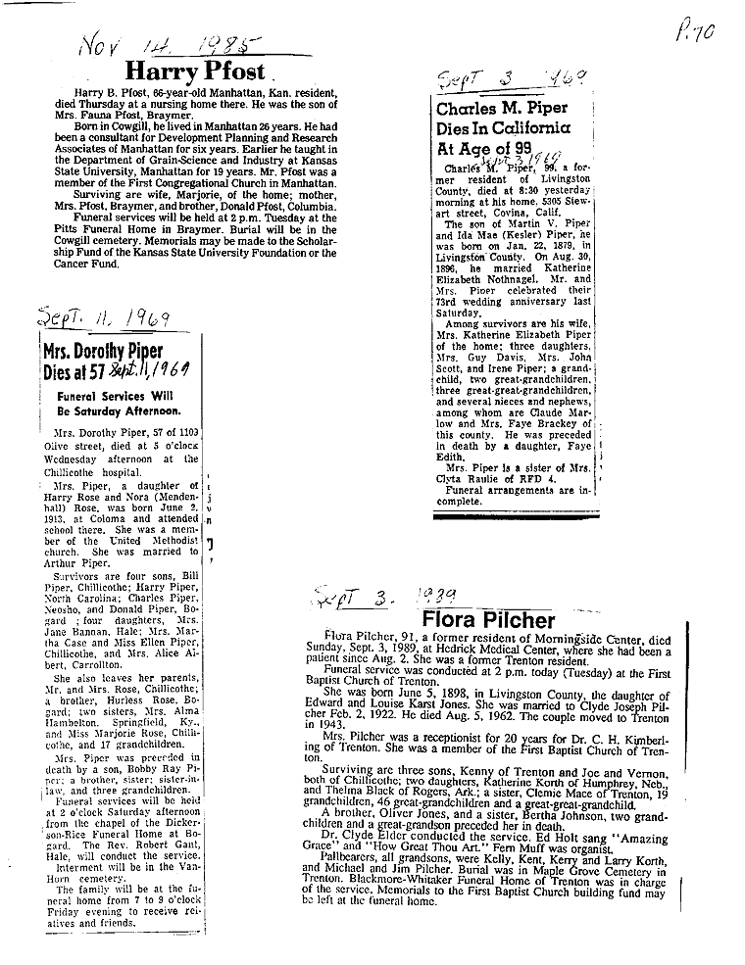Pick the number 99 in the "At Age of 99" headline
[x=531, y=149]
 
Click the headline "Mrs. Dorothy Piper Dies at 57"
[x=104, y=362]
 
